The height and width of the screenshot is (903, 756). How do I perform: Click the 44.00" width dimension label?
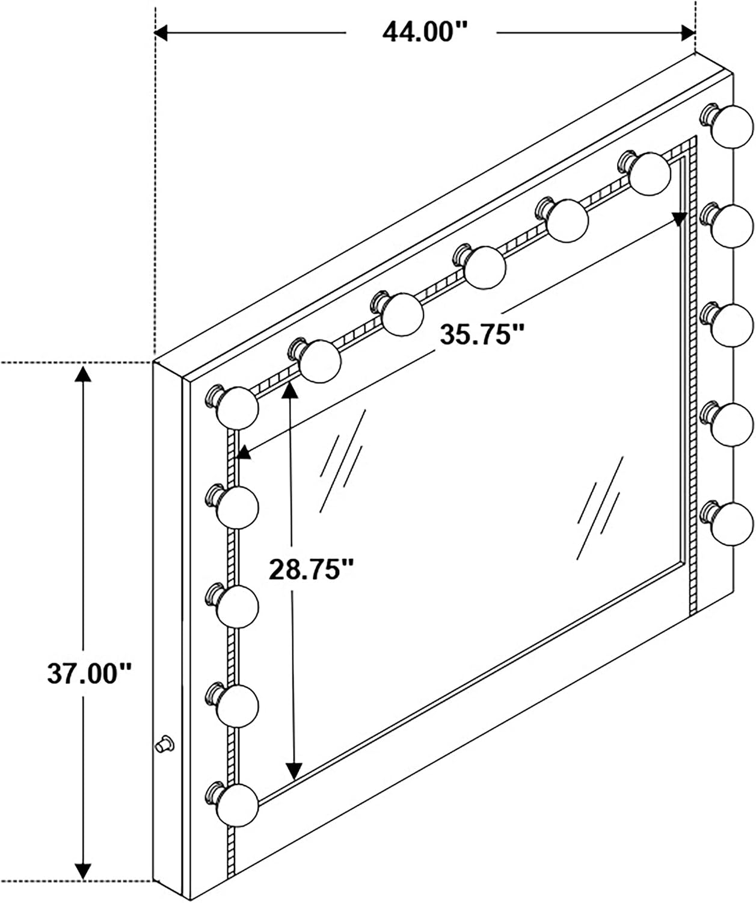(425, 32)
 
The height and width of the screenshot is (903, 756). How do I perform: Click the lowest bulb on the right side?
(727, 523)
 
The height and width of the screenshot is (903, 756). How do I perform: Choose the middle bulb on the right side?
(727, 324)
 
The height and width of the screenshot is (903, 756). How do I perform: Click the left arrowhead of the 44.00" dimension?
(161, 33)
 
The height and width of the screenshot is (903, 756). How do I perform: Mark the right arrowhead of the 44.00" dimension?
(688, 33)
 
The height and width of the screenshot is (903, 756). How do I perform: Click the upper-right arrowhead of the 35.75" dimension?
(680, 219)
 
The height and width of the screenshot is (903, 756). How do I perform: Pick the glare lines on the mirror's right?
(600, 507)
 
